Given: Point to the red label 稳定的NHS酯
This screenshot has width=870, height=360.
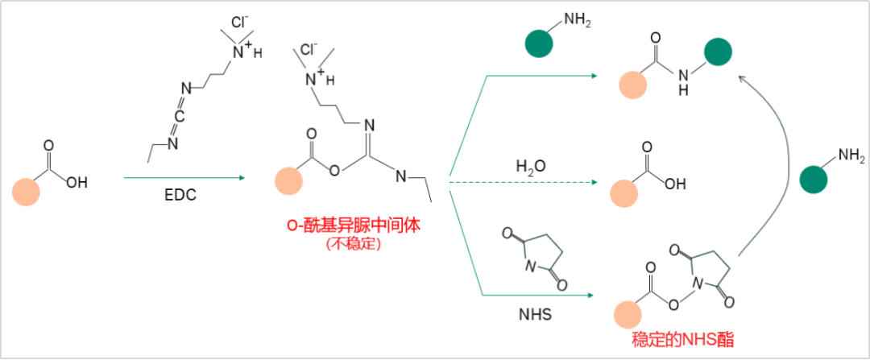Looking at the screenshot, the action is click(x=683, y=339).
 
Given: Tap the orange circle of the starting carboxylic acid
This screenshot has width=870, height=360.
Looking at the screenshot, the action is click(x=26, y=192).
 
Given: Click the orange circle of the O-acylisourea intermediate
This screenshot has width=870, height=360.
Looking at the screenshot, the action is click(x=288, y=180).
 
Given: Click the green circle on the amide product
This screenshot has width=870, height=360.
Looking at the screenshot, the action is click(x=718, y=52).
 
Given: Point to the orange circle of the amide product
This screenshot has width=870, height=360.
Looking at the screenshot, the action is click(x=632, y=85).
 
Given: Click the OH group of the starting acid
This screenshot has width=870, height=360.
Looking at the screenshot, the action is click(x=77, y=182).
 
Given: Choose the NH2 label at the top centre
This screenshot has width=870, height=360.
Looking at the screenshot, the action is click(x=576, y=20).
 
